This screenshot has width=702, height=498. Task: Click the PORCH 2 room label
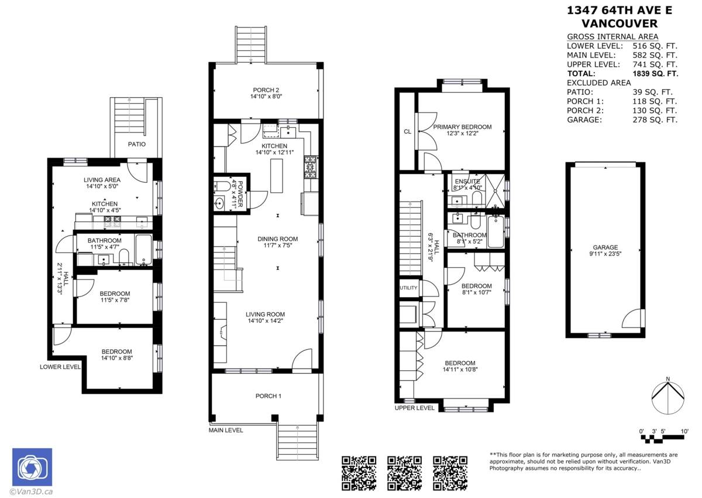(266, 90)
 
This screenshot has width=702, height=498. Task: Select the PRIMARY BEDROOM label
(462, 127)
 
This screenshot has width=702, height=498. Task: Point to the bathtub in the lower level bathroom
(143, 250)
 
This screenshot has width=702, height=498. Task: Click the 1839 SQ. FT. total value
(655, 74)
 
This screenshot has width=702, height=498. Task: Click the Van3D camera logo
(32, 468)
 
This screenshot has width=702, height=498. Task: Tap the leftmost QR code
(358, 473)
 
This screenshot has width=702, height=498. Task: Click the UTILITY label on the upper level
(408, 288)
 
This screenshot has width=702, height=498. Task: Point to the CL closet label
(407, 132)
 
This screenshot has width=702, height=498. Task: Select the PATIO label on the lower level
(136, 144)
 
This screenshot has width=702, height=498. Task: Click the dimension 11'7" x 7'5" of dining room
(278, 246)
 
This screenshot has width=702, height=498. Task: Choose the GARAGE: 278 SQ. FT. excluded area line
(622, 120)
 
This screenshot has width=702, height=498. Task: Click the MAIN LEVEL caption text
(226, 430)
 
